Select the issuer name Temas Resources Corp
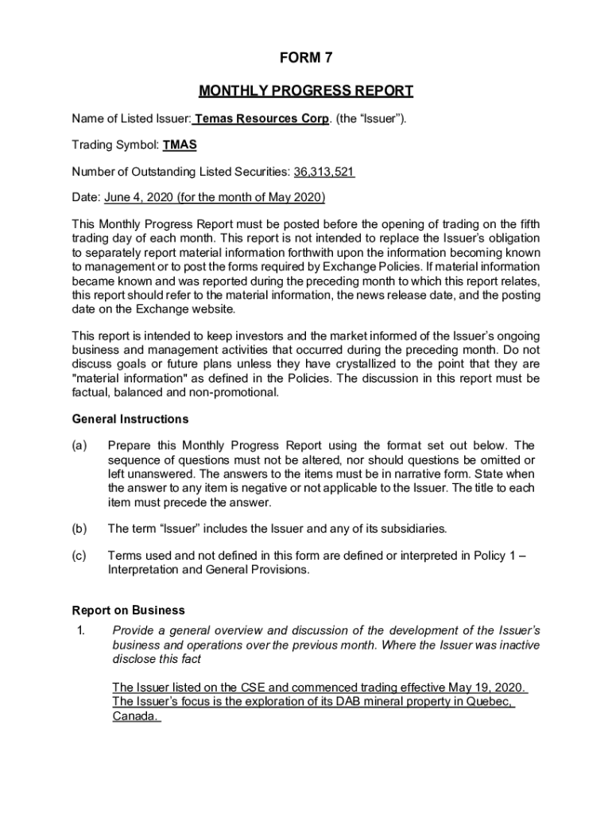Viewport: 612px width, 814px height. [261, 119]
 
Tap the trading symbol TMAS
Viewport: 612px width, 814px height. [180, 145]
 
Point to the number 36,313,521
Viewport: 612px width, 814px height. [323, 172]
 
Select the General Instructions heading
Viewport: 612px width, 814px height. [130, 419]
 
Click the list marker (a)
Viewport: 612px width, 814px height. [79, 445]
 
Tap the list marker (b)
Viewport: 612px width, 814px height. [79, 529]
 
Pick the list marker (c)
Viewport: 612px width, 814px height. [79, 556]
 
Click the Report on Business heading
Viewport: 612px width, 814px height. [128, 610]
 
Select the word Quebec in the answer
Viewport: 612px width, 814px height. [488, 702]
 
